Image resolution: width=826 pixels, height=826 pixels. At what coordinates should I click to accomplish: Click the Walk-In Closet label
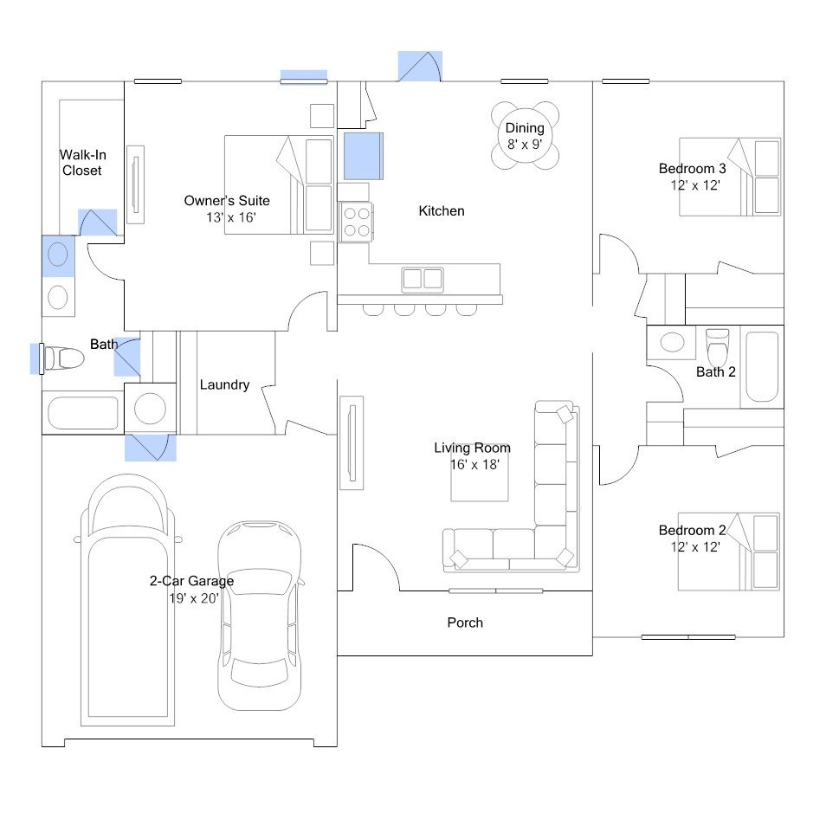point(83,162)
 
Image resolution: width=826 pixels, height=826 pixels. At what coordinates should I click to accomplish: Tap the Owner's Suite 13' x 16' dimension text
point(230,217)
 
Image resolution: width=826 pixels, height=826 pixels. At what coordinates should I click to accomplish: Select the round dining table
point(526,135)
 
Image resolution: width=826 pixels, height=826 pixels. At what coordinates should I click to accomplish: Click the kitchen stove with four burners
point(356,222)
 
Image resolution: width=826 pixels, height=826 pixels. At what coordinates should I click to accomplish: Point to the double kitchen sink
point(423,279)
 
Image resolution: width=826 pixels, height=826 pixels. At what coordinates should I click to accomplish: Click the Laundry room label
point(224,384)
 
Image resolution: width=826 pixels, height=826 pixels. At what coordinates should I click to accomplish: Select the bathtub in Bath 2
point(762,366)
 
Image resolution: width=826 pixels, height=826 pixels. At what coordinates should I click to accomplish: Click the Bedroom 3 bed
point(730,177)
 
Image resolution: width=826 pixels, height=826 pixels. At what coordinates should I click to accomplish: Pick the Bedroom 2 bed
point(728,552)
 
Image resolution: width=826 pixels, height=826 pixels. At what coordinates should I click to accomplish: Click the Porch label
point(465,623)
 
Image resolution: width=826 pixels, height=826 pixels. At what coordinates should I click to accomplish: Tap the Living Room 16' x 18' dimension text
point(474,464)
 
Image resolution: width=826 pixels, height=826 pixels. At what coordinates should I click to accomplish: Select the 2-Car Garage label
point(191,581)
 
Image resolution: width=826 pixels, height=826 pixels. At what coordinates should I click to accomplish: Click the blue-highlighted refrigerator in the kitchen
point(364,156)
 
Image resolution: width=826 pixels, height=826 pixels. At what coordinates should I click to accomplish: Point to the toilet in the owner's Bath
point(63,358)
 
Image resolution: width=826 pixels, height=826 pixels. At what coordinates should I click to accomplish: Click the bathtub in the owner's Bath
point(83,413)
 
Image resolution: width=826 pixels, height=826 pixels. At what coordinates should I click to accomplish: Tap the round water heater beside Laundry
point(150,409)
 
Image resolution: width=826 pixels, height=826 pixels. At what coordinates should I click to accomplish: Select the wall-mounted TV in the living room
point(352,443)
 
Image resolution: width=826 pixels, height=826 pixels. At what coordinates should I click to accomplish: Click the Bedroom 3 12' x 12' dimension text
point(695,185)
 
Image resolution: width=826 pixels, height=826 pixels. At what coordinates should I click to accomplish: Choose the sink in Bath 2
point(672,342)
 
